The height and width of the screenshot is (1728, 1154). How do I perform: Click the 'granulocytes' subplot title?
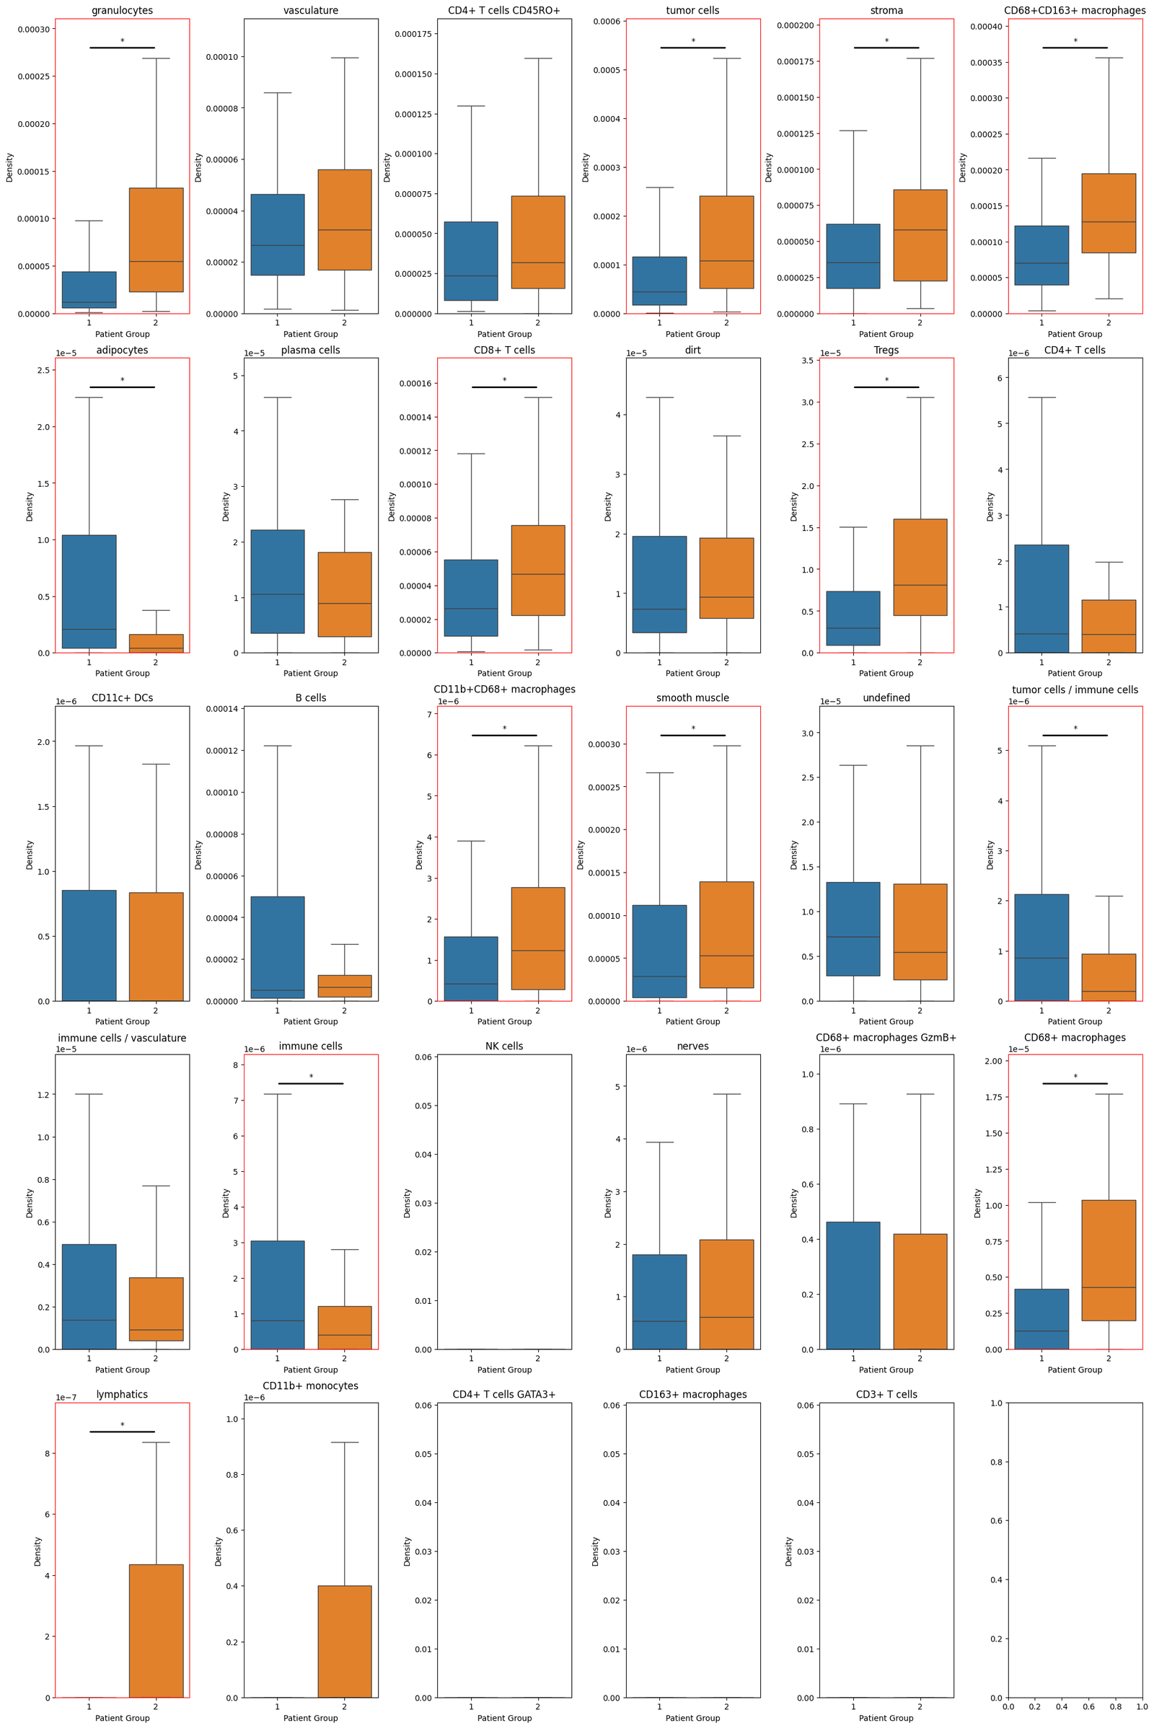(x=122, y=11)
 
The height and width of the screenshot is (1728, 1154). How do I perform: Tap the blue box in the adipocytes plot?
(x=89, y=591)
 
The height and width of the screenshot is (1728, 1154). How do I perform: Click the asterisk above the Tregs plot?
(x=886, y=381)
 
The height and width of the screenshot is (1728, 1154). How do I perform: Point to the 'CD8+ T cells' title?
(x=504, y=351)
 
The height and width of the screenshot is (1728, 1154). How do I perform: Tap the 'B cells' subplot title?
(x=311, y=697)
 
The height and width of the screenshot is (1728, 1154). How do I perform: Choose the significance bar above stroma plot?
(x=886, y=48)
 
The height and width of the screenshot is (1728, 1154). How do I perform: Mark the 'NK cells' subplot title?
(x=504, y=1046)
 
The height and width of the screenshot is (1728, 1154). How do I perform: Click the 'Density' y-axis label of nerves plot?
(x=608, y=1202)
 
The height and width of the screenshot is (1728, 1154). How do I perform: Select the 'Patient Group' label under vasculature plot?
(x=311, y=334)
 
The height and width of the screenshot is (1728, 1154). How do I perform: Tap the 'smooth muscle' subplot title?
(x=692, y=697)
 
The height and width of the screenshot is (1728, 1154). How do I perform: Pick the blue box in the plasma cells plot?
(x=278, y=581)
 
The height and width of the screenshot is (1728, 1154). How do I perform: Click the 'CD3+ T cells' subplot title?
(x=886, y=1394)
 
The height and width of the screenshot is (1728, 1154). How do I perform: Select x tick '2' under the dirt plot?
(x=726, y=661)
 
